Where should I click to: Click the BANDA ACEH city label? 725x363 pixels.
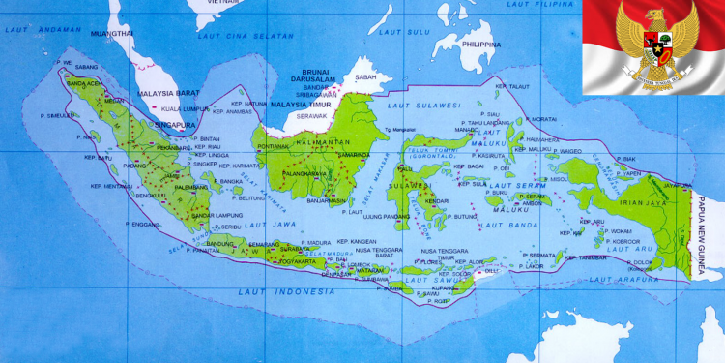pyautogui.click(x=82, y=83)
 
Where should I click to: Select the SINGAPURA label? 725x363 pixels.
pyautogui.click(x=176, y=125)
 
